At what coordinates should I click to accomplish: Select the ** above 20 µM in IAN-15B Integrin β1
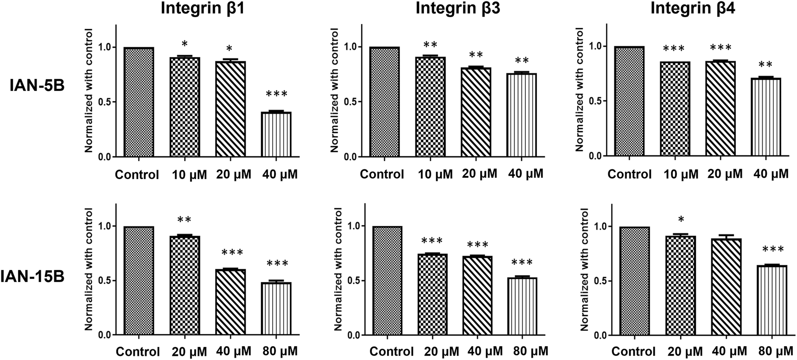185,219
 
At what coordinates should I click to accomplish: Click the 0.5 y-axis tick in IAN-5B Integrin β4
595,101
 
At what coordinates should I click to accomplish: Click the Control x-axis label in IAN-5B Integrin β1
137,175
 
